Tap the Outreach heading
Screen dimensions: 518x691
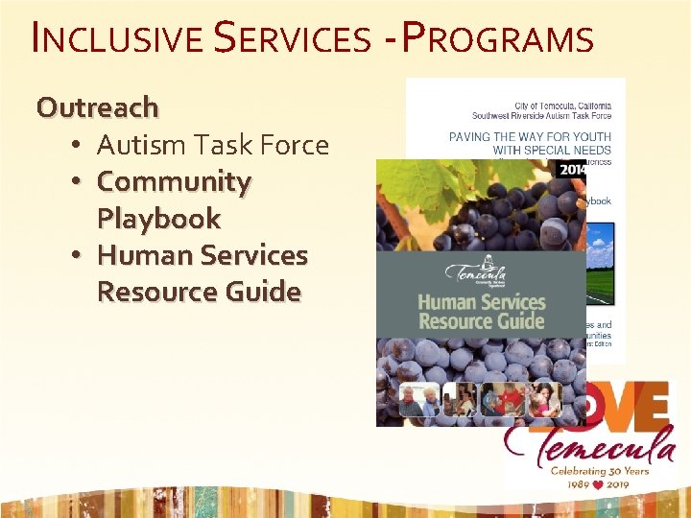(x=97, y=106)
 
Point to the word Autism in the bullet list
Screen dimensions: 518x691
(x=141, y=145)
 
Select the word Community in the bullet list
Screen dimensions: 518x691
(x=174, y=181)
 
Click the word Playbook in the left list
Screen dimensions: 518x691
(x=158, y=218)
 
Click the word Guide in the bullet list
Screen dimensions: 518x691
(x=264, y=292)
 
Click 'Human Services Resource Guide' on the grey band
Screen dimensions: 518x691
(x=481, y=313)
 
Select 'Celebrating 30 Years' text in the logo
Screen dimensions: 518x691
(x=599, y=470)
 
